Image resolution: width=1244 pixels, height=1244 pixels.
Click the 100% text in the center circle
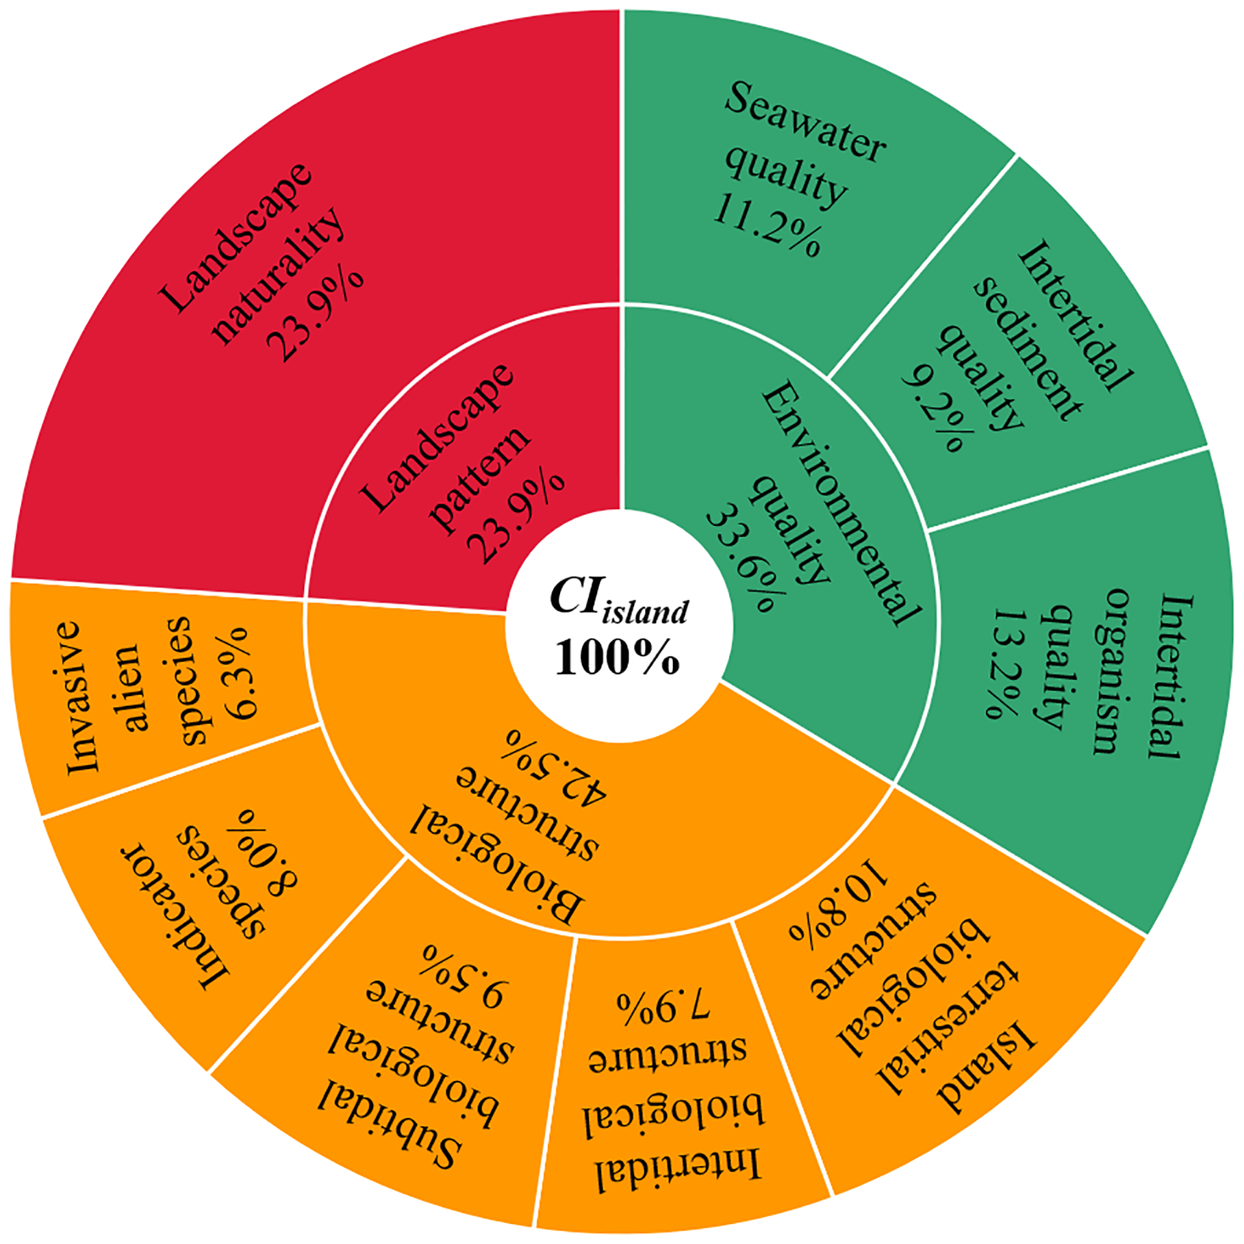(618, 658)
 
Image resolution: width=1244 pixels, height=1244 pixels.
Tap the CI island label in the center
(619, 600)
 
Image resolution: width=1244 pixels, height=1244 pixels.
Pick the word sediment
(1027, 348)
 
